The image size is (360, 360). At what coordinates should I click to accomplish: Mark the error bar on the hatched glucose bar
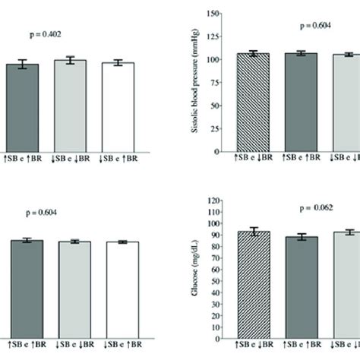tap(254, 232)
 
